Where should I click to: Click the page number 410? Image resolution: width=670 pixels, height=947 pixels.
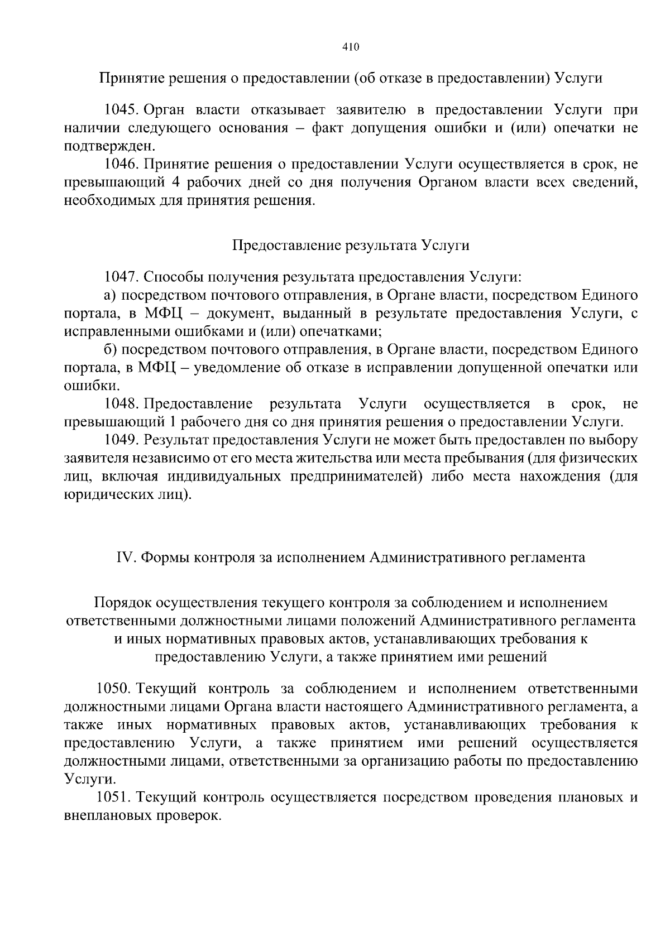(350, 47)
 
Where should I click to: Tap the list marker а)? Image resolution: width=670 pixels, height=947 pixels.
(111, 295)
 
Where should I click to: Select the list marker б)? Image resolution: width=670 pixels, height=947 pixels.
(111, 349)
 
